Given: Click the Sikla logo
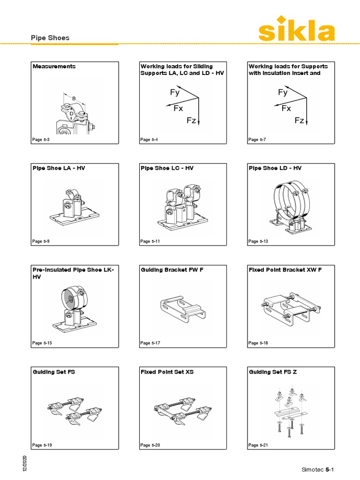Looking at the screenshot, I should click(x=296, y=29).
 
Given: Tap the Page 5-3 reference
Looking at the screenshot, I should click(x=40, y=140).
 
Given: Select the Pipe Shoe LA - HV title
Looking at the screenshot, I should click(x=59, y=168).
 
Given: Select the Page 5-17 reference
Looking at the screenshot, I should click(x=150, y=343).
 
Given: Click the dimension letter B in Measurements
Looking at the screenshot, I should click(x=74, y=98).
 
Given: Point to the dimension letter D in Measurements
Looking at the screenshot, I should click(x=71, y=113).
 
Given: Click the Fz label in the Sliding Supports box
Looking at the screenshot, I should click(x=191, y=121).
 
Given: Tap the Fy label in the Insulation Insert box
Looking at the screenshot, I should click(x=283, y=93).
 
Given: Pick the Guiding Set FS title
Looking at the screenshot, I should click(x=54, y=372).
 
